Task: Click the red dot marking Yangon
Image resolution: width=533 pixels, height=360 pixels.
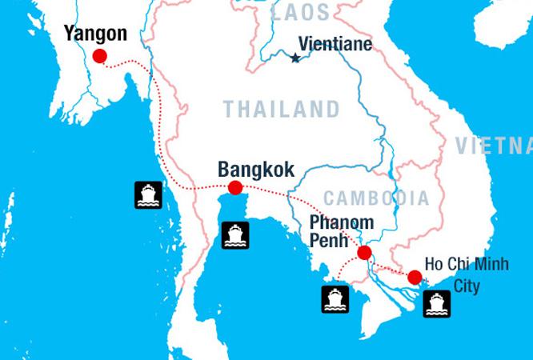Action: pos(100,56)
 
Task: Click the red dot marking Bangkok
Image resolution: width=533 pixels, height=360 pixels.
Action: pos(235,188)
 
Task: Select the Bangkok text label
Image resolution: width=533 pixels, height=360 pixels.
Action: pos(255,170)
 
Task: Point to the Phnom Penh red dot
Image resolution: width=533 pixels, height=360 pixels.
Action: pos(364,254)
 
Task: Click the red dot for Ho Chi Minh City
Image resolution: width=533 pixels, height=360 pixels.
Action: pos(414,278)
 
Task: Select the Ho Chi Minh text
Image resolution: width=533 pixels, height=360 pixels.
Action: pos(467,265)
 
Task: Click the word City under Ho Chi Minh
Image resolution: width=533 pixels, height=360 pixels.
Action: pos(467,285)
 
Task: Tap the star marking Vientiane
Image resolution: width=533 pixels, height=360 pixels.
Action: pos(295,58)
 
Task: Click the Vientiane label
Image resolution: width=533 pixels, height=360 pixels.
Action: pos(335,45)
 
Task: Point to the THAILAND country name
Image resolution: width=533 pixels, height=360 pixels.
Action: pos(281,109)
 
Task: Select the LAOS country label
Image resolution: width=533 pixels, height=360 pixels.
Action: pos(300,12)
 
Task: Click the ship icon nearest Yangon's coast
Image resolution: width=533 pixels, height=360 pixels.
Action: pos(148,194)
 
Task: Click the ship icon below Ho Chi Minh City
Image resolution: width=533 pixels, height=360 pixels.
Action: pos(436,304)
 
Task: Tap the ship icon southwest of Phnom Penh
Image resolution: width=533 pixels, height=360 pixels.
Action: pos(335,299)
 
